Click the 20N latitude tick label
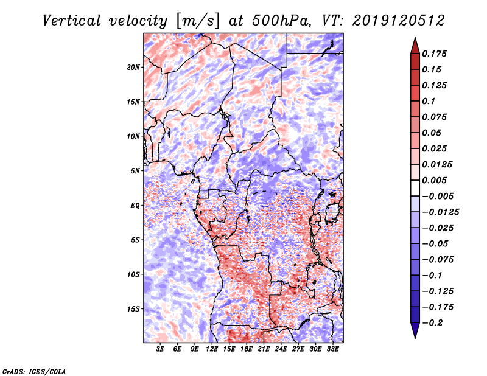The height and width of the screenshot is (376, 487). point(133,67)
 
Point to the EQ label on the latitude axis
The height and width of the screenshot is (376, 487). point(135,206)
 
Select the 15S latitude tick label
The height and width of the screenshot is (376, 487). point(133,309)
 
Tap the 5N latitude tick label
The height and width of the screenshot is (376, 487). point(135,171)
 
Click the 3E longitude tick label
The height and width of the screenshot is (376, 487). point(161,349)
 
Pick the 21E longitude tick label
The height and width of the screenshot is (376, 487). point(263,349)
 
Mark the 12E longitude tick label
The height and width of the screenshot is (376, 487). point(212,349)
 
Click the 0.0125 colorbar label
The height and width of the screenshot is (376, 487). point(438,164)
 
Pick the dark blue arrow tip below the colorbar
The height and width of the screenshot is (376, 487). point(415,333)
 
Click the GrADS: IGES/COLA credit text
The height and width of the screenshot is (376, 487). point(34,371)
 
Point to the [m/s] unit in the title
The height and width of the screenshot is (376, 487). point(196,20)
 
